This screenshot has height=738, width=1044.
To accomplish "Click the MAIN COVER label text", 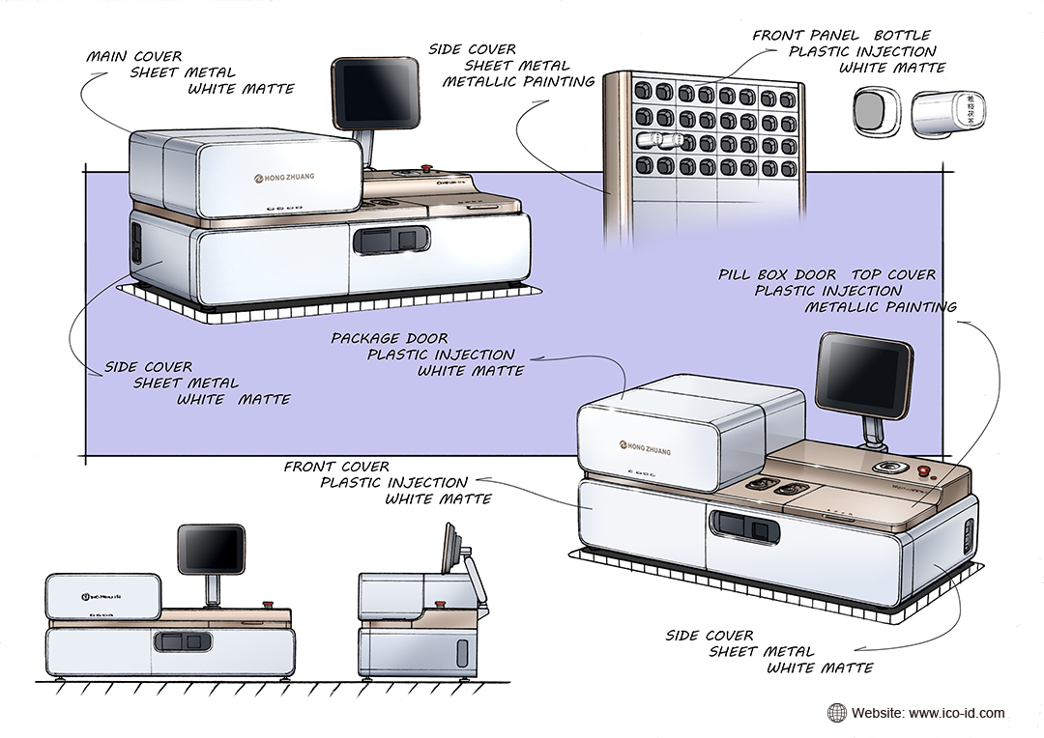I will [134, 56].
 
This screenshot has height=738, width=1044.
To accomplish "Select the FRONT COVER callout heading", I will [336, 467].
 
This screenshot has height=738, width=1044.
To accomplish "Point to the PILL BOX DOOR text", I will [777, 275].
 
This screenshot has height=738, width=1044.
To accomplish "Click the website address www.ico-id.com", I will [955, 714].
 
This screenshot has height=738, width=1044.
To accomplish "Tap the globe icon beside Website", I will [836, 714].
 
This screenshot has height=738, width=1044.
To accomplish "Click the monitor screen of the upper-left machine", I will [375, 94].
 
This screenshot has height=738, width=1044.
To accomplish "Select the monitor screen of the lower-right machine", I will [863, 373].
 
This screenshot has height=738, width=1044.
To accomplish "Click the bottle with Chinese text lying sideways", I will [948, 112].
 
